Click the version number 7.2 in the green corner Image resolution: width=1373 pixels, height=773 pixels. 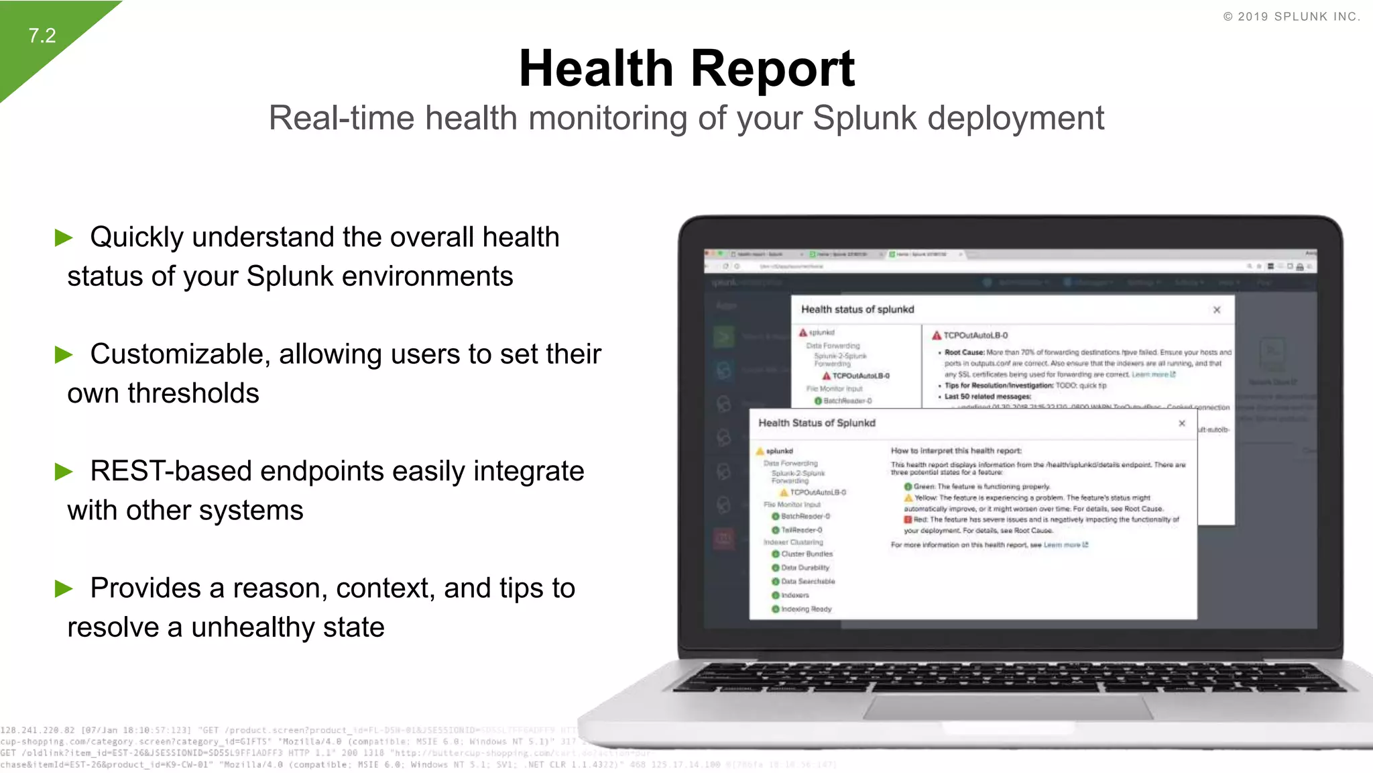(42, 36)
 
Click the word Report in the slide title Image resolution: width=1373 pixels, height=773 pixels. (772, 69)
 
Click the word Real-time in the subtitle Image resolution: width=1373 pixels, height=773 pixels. (341, 119)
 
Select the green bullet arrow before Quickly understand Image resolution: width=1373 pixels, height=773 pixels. (64, 238)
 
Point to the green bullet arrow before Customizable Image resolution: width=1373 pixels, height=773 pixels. (64, 354)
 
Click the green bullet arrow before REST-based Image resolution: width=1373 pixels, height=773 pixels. (64, 472)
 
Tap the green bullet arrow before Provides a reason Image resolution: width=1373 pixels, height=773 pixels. (64, 588)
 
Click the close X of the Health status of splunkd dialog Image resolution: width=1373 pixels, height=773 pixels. (1217, 310)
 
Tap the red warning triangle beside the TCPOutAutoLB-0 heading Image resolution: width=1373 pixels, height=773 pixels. (937, 336)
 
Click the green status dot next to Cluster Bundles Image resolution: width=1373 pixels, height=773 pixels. (776, 554)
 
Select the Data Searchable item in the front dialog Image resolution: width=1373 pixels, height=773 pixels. (808, 582)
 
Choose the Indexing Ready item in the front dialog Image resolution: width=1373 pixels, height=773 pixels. (806, 609)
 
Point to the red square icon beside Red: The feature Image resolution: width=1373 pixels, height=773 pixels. (908, 519)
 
